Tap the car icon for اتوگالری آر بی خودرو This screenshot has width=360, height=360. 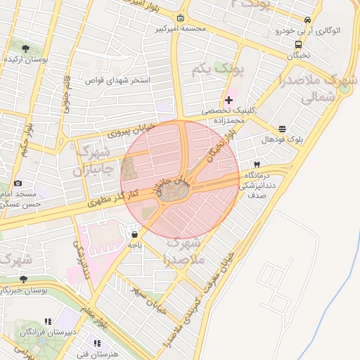(307, 20)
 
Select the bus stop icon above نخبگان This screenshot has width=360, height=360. (299, 44)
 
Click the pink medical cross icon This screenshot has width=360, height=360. (229, 100)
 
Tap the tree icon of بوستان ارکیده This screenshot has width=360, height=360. (26, 49)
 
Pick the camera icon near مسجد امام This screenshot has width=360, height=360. (18, 183)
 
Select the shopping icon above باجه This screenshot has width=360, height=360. (134, 234)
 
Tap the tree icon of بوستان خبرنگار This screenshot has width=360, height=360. (23, 278)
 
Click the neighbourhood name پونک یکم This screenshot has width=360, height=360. (211, 69)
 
